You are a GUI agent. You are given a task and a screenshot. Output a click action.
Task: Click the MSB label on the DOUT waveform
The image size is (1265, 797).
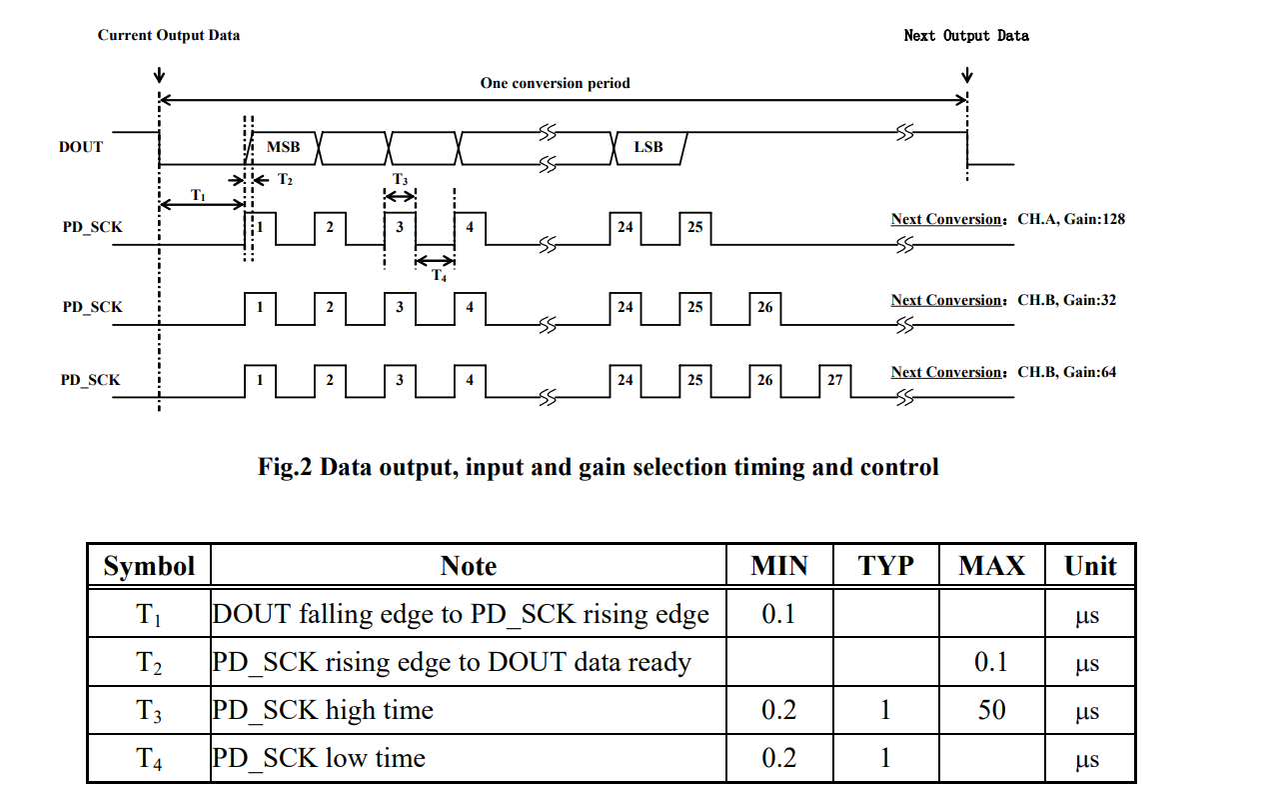[283, 147]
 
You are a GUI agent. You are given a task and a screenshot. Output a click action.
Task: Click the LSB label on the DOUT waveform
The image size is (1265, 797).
[648, 147]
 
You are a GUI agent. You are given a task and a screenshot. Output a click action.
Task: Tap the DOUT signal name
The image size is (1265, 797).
[81, 147]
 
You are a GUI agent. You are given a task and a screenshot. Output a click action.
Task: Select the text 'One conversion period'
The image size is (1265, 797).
[555, 83]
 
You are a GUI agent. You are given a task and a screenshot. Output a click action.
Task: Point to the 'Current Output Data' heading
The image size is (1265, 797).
[169, 35]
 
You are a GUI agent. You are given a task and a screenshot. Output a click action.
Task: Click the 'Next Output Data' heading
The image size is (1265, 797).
[966, 35]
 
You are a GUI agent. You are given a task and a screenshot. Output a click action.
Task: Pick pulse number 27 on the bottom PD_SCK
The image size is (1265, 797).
[834, 380]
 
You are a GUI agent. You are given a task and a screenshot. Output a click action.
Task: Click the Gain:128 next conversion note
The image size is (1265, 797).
[1007, 219]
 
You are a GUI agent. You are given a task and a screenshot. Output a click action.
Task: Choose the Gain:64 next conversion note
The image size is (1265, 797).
[1003, 372]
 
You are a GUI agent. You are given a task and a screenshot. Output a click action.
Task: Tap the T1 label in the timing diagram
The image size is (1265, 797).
[198, 195]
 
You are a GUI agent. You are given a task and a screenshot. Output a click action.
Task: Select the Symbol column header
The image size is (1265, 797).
[149, 566]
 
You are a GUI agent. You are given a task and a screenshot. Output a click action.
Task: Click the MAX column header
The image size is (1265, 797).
[991, 566]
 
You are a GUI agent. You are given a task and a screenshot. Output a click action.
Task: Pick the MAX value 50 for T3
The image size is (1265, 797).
[991, 711]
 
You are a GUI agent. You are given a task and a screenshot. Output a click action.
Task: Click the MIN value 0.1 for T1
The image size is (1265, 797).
[778, 614]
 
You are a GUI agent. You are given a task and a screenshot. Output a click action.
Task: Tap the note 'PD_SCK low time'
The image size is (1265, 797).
[319, 759]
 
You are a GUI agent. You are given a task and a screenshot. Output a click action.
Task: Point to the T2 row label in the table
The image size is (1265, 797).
[149, 663]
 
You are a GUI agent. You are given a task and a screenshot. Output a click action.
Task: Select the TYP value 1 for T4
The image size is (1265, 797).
[885, 759]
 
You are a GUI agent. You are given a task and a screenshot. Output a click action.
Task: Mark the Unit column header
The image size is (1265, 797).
[1090, 566]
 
